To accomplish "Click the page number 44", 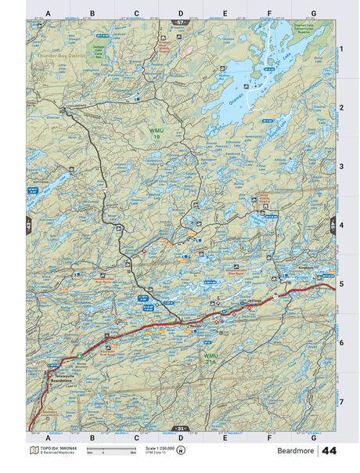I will [329, 451].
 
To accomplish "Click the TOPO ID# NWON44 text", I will [54, 447].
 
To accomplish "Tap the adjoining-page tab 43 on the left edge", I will [28, 226].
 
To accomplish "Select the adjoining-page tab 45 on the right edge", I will [333, 226].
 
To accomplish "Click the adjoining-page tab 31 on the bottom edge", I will [181, 428].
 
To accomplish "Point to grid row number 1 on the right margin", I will [341, 49].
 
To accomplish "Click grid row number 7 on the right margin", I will [341, 401].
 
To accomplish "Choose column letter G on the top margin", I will [313, 13].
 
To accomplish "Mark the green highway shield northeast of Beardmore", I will [80, 356].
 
